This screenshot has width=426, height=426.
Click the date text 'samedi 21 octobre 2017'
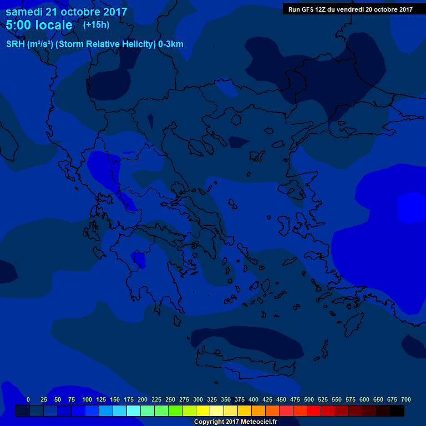point(66,12)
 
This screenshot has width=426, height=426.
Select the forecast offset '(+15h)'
point(96,24)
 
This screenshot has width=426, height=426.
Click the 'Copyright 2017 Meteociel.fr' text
point(235,422)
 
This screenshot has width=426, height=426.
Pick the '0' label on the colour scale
point(28,399)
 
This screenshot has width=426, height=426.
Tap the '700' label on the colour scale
point(406,399)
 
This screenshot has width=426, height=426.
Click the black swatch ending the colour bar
point(397,410)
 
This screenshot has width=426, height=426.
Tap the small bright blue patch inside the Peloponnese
point(138,257)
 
